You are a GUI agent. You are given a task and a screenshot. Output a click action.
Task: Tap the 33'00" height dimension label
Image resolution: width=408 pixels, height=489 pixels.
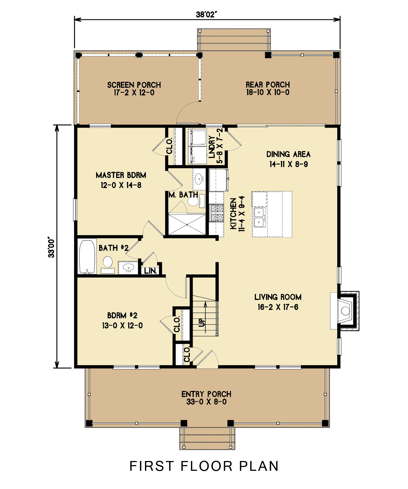point(51,248)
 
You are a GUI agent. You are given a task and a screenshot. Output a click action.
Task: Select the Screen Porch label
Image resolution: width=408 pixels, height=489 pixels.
point(134,85)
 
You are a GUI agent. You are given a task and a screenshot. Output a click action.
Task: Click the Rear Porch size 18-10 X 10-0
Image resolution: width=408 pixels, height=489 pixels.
point(268,92)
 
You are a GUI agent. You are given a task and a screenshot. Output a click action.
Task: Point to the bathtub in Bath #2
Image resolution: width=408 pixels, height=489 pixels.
point(87,257)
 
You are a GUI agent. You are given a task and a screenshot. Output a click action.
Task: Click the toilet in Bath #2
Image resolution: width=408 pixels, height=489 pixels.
point(108,262)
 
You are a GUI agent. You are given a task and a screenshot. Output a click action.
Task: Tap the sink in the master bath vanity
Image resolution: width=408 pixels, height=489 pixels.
point(199,179)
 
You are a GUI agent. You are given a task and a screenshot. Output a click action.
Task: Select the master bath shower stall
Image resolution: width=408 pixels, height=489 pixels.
point(187,224)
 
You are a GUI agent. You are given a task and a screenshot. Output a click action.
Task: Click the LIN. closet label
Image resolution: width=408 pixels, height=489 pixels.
point(150,271)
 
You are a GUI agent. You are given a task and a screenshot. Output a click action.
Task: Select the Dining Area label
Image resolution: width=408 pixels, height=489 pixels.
point(288,154)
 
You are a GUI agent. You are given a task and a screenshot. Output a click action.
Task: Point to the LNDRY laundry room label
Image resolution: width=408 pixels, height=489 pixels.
point(212,147)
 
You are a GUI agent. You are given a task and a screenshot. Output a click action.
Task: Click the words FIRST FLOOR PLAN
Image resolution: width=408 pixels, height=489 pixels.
point(204,466)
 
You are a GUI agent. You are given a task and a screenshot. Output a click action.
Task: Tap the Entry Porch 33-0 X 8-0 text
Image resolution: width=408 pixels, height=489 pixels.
point(206,402)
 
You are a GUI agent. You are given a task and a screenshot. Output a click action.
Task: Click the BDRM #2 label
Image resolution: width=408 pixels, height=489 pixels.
point(122,315)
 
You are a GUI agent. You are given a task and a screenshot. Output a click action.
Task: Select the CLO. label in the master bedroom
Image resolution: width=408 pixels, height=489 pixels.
point(169,146)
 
